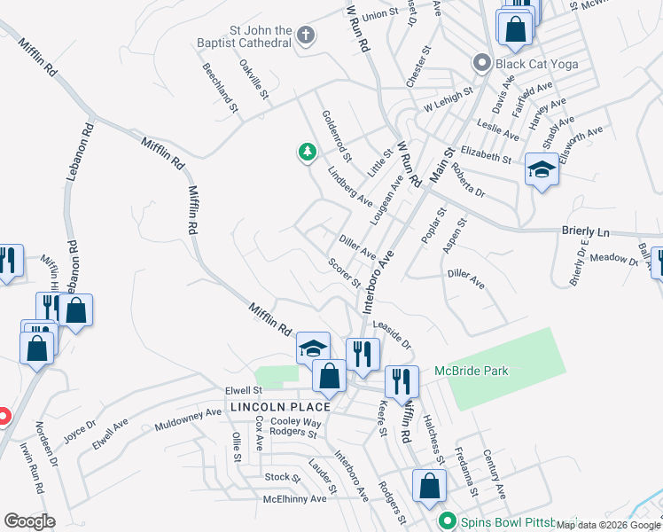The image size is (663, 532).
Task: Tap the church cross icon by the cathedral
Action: (306, 36)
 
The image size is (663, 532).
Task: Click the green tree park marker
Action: (308, 153)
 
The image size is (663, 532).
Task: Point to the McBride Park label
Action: (472, 371)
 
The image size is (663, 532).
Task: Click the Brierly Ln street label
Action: (586, 231)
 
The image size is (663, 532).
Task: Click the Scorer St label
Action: (344, 273)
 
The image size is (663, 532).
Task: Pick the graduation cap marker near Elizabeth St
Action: (541, 168)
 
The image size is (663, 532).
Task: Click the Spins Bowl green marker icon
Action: (448, 521)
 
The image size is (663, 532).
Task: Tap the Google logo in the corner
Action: (30, 521)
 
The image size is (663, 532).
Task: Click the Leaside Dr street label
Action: (393, 334)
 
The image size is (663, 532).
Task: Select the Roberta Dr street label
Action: (468, 180)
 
